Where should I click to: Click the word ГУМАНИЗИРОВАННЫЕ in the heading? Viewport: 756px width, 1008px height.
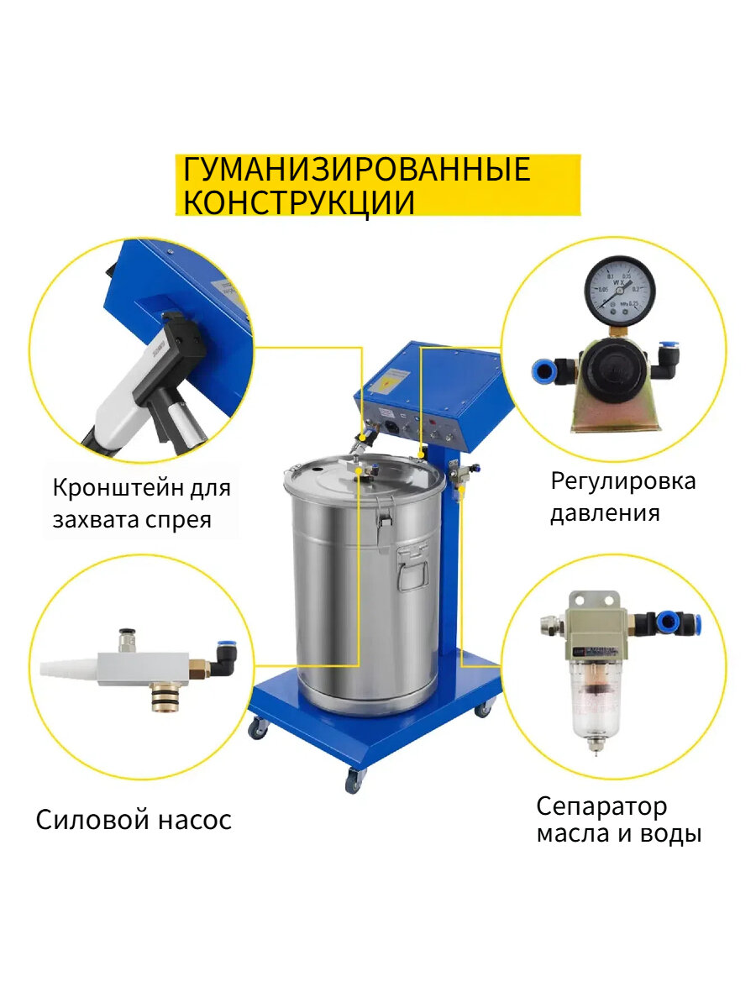[357, 170]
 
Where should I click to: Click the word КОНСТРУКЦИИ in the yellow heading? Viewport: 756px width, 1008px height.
[299, 202]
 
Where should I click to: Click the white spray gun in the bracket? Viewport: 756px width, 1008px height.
[126, 395]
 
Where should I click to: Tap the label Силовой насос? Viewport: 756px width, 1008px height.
[134, 820]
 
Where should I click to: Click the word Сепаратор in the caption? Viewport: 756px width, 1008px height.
[601, 806]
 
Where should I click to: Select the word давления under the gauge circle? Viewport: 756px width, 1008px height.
[605, 512]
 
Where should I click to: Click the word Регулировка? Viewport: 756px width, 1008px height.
[623, 481]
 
